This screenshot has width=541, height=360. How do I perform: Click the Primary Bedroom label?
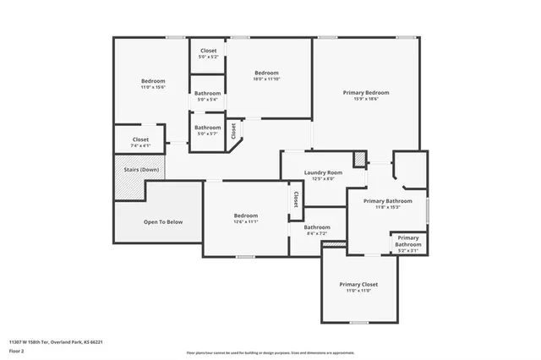pos(366,92)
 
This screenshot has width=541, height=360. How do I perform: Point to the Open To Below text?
pos(162,222)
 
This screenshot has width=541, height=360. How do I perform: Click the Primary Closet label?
pos(358,285)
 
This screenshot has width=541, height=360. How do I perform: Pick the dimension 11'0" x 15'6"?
pos(153,87)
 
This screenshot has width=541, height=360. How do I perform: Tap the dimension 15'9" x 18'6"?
pos(366,99)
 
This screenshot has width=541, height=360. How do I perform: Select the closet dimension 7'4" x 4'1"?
pos(140,146)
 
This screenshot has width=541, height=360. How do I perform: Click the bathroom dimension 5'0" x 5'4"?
pos(207,100)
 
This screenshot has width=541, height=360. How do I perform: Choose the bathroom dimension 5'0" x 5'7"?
pos(207,134)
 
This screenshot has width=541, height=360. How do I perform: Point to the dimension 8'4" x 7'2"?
pos(317,233)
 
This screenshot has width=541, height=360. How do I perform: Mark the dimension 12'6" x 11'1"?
pos(245,222)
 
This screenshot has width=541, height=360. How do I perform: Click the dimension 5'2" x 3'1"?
pos(408,250)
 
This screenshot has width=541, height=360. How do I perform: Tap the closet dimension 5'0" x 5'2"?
pos(208,57)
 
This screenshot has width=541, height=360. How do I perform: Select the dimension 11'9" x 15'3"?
pos(387,207)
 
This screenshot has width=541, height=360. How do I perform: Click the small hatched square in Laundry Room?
pos(359,159)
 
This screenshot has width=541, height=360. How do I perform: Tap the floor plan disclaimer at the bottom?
pos(270,352)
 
